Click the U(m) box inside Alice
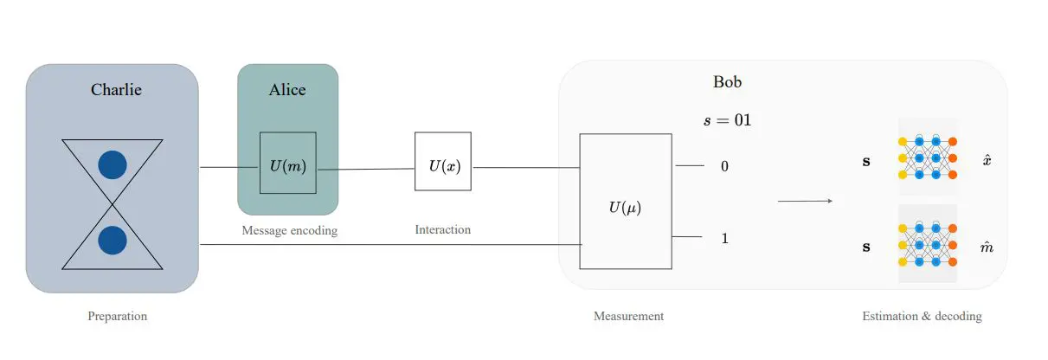coord(287,163)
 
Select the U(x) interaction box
coord(442,162)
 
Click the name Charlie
coord(116,89)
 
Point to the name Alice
coord(287,89)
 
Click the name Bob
coord(727,82)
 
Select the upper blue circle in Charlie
coord(113,164)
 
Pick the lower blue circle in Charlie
coord(113,241)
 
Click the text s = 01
coord(727,119)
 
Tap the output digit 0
coord(724,165)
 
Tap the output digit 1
coord(724,237)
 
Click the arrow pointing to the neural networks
coord(805,202)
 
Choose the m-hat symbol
coord(986,247)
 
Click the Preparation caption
coord(118,316)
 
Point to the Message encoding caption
coord(289,230)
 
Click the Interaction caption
coord(443,229)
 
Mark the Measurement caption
coord(628,316)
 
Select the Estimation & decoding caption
coord(922,316)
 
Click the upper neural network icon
coord(928,157)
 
